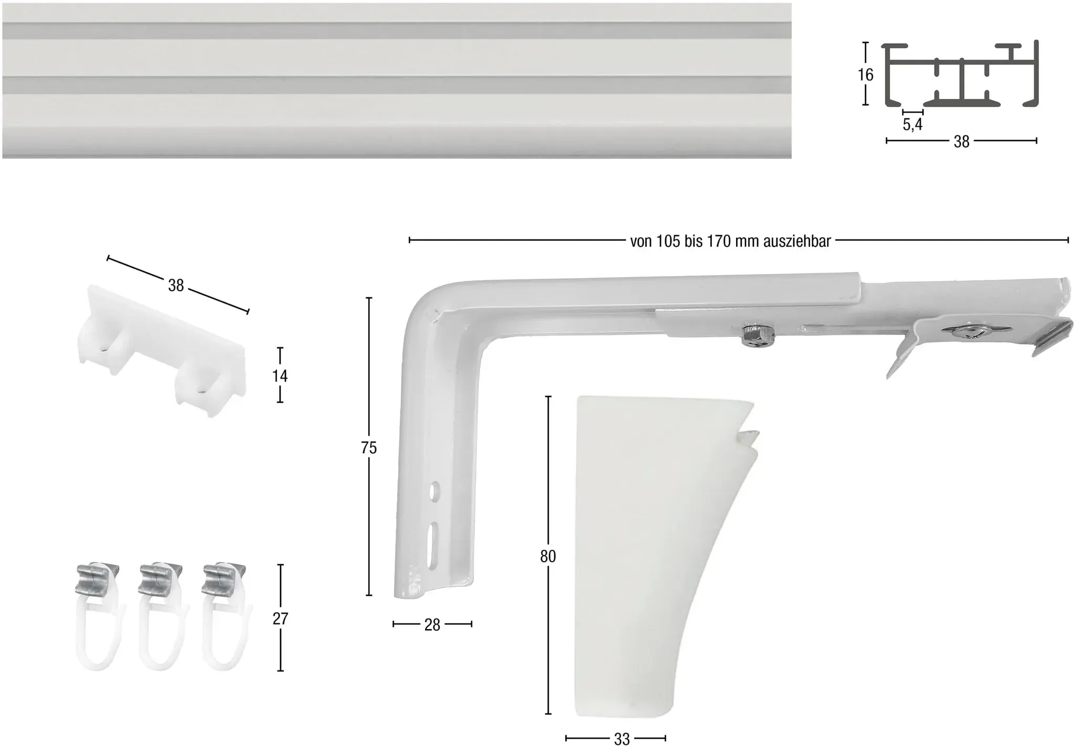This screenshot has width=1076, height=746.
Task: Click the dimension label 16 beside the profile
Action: click(x=865, y=75)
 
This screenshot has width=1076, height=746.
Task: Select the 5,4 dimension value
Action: click(x=913, y=125)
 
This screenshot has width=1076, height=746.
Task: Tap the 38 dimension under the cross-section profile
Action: click(x=961, y=141)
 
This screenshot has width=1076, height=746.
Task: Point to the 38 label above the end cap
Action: click(x=176, y=285)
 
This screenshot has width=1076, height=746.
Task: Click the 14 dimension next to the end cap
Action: click(x=280, y=376)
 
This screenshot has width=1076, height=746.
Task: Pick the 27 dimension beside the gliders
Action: click(x=281, y=618)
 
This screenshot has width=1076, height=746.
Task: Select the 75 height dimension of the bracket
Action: click(x=369, y=448)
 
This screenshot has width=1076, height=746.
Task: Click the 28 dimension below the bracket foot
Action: click(x=432, y=625)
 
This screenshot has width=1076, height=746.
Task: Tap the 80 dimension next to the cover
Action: click(x=548, y=556)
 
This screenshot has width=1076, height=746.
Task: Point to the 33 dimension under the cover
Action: click(x=622, y=739)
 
